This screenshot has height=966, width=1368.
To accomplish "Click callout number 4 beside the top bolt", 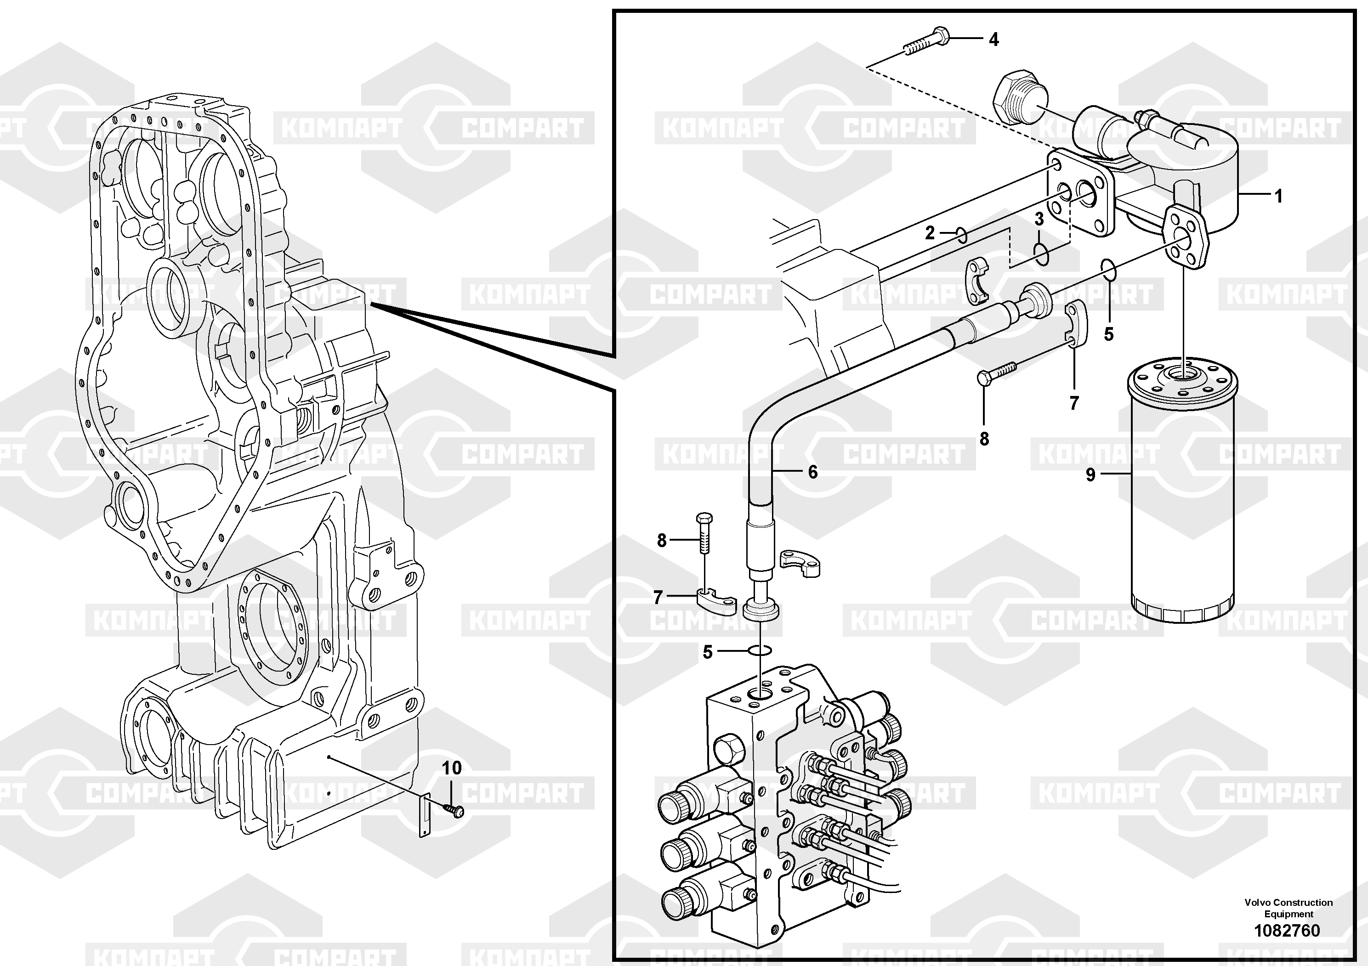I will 993,40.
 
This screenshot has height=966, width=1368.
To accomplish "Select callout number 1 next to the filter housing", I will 1277,196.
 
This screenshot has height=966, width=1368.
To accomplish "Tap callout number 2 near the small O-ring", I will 930,233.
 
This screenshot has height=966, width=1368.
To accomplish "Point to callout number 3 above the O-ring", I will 1039,219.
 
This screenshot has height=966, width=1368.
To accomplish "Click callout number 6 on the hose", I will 813,472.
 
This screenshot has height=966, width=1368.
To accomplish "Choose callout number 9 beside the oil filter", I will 1090,475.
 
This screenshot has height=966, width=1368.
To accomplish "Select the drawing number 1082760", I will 1287,930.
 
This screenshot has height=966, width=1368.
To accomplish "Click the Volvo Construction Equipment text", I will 1288,908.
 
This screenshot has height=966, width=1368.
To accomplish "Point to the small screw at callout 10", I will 454,810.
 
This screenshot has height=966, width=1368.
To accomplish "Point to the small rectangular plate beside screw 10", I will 425,816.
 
